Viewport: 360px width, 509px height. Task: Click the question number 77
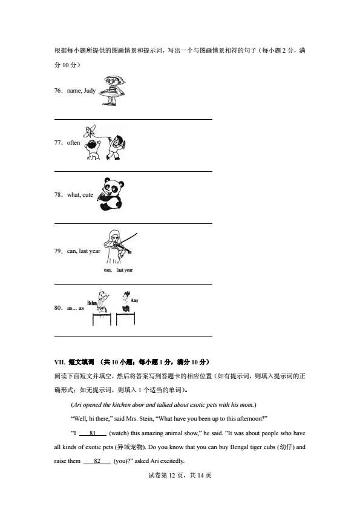(x=59, y=143)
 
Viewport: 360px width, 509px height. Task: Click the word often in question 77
(x=73, y=143)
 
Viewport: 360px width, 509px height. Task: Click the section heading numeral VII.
(x=59, y=363)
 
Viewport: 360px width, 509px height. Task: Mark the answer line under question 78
(x=133, y=224)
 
